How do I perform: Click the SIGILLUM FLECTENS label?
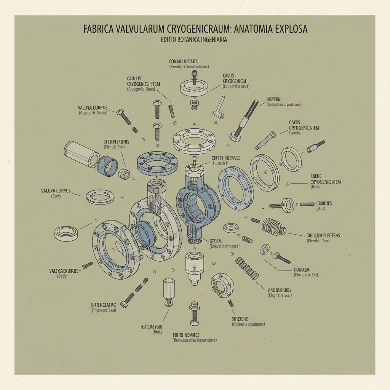click(323, 235)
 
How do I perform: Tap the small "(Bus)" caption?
click(321, 209)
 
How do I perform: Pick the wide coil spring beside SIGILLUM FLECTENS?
click(273, 226)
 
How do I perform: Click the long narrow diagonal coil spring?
click(247, 268)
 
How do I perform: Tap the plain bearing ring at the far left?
click(67, 232)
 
